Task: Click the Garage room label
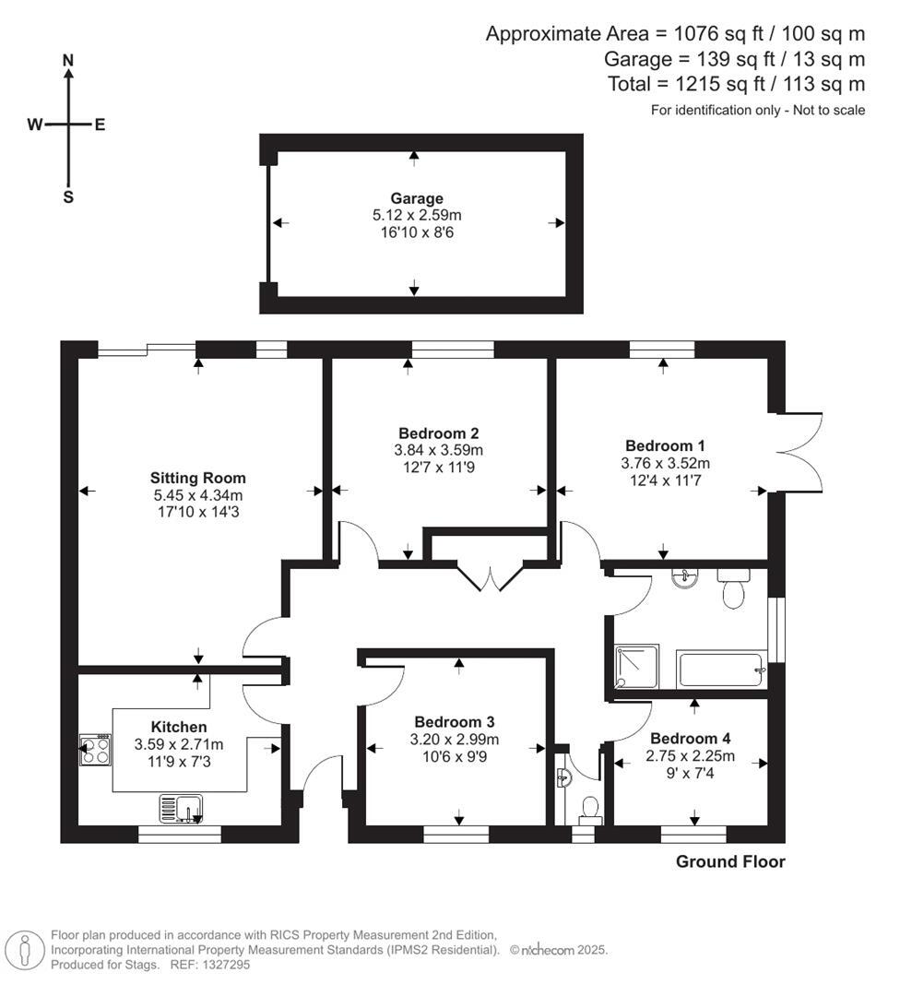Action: click(416, 198)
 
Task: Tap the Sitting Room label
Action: click(198, 478)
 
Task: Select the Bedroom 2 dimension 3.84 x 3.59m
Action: click(438, 450)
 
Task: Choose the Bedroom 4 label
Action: click(690, 739)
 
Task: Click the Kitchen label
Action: click(179, 727)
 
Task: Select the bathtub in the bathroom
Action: click(721, 669)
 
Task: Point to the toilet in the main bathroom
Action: click(735, 589)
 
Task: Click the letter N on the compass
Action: click(67, 60)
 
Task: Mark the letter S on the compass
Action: click(68, 197)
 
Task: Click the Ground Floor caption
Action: click(730, 862)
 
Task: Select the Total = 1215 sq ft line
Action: click(736, 84)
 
